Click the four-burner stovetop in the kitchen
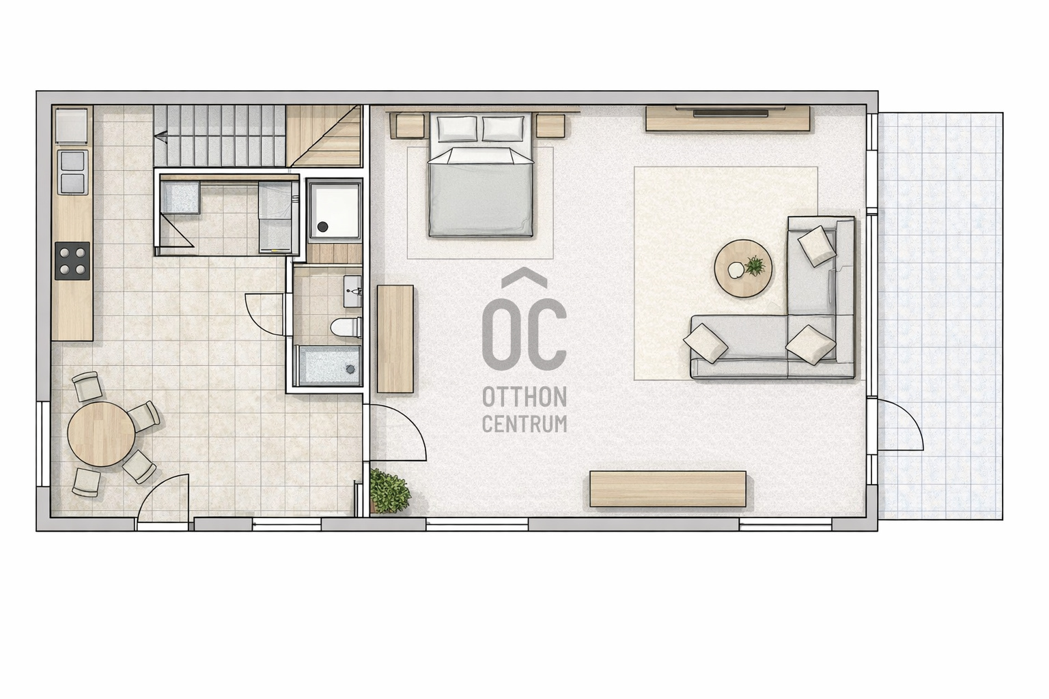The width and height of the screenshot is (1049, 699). pyautogui.click(x=72, y=261)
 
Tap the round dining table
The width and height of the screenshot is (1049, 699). pyautogui.click(x=101, y=433)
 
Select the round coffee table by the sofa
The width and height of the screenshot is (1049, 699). pyautogui.click(x=743, y=269)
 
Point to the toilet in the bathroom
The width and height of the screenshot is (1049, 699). pyautogui.click(x=346, y=327)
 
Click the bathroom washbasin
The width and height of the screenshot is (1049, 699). pyautogui.click(x=352, y=291)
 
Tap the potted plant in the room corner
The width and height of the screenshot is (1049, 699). pyautogui.click(x=390, y=491)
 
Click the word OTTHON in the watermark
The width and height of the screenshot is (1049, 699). pyautogui.click(x=524, y=397)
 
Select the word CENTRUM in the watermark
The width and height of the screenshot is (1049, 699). pyautogui.click(x=524, y=424)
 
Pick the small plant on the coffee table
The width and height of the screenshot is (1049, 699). pyautogui.click(x=755, y=266)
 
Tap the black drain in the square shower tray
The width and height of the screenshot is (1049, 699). pyautogui.click(x=322, y=227)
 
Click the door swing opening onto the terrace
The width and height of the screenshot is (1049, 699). pyautogui.click(x=901, y=425)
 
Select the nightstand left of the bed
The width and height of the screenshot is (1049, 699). pyautogui.click(x=410, y=126)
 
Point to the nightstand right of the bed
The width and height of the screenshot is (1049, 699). pyautogui.click(x=550, y=125)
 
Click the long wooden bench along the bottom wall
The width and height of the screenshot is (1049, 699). pyautogui.click(x=668, y=489)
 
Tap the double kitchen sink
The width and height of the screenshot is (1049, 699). pyautogui.click(x=72, y=172)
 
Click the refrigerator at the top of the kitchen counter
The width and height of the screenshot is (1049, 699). pyautogui.click(x=72, y=125)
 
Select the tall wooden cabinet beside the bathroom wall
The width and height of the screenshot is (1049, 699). pyautogui.click(x=395, y=339)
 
